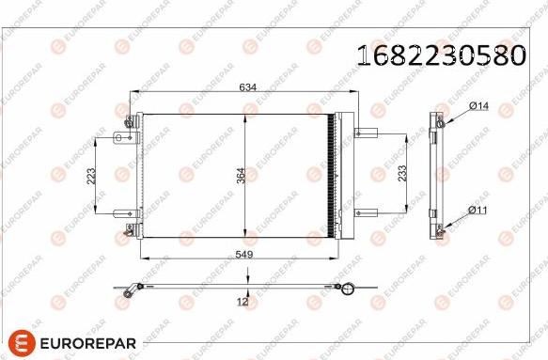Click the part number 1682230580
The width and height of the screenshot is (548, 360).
click(439, 55)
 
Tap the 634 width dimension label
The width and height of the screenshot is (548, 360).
click(247, 86)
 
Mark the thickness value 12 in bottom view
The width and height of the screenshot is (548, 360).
click(242, 301)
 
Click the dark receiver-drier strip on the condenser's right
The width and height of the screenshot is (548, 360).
click(329, 175)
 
